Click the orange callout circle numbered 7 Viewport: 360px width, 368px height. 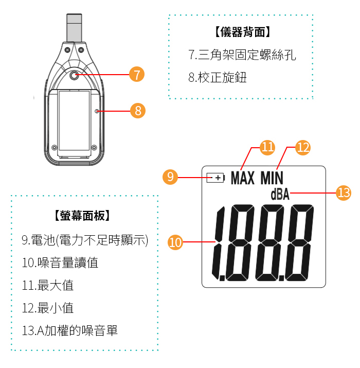point(137,75)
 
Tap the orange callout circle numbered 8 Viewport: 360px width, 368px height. point(138,111)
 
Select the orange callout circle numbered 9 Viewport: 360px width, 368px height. point(170,177)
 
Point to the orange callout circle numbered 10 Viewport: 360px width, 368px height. point(175,242)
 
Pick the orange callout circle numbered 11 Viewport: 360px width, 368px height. point(267,147)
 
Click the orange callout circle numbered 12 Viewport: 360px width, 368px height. point(303,148)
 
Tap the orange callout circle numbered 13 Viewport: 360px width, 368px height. point(344,193)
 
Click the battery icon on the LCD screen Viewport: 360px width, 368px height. point(216,178)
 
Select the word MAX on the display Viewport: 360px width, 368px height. point(243,178)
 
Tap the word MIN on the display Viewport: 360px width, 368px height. point(272,178)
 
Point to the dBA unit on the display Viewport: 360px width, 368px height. point(280,195)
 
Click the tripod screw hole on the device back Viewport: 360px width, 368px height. point(74,75)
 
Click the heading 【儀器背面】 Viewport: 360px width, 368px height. point(243,32)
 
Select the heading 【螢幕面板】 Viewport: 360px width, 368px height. point(82,216)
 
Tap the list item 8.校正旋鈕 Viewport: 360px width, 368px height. point(218,77)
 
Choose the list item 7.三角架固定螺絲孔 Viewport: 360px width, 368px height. point(242,55)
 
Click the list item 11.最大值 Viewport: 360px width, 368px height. point(48,285)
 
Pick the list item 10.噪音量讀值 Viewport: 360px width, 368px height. point(60,262)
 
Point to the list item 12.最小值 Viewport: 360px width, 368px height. point(48,308)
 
